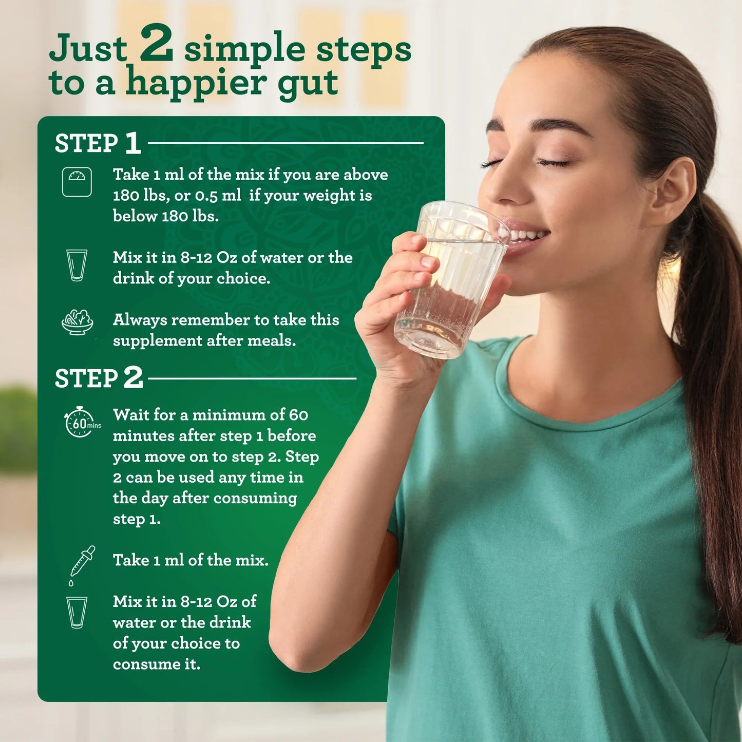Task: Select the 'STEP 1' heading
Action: [98, 143]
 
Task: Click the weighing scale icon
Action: [77, 182]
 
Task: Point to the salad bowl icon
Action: [77, 322]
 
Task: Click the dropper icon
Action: [82, 565]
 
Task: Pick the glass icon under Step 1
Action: [77, 265]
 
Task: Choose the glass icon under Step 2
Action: [77, 612]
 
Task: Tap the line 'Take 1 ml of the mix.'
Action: [191, 560]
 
